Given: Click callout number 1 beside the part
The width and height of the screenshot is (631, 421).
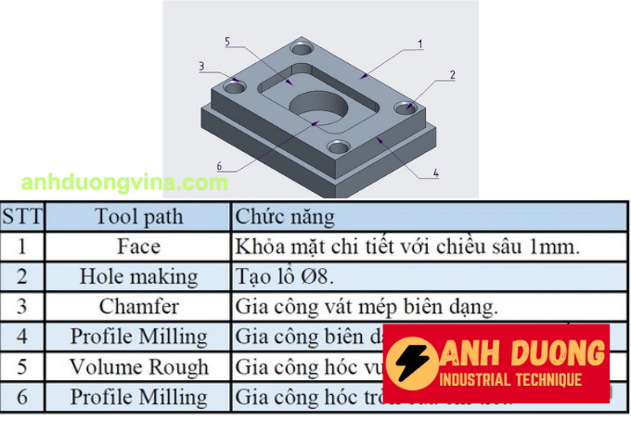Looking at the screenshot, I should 420,44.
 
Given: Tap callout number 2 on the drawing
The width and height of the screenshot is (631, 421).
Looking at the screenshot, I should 452,74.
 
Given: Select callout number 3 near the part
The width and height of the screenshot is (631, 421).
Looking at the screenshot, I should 200,66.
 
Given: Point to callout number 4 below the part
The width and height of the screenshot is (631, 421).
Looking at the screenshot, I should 435,172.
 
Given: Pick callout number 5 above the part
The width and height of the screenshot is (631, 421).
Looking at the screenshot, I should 227,42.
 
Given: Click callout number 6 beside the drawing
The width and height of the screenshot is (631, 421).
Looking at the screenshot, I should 219,167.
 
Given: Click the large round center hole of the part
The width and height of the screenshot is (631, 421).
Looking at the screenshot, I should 321,104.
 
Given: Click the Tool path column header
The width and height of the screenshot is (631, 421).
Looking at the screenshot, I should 139,217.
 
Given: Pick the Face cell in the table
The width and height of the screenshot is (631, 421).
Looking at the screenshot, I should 139,247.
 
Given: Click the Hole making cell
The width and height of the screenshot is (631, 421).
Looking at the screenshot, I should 139,276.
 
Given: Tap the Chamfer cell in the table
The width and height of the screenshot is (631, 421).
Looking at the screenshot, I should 139,306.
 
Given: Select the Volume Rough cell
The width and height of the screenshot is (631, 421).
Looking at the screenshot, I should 139,366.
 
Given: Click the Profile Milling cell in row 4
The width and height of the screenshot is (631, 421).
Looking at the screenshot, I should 139,337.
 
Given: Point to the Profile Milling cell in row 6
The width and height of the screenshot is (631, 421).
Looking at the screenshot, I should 139,397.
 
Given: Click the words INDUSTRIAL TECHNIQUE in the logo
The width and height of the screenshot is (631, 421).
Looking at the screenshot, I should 512,380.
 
